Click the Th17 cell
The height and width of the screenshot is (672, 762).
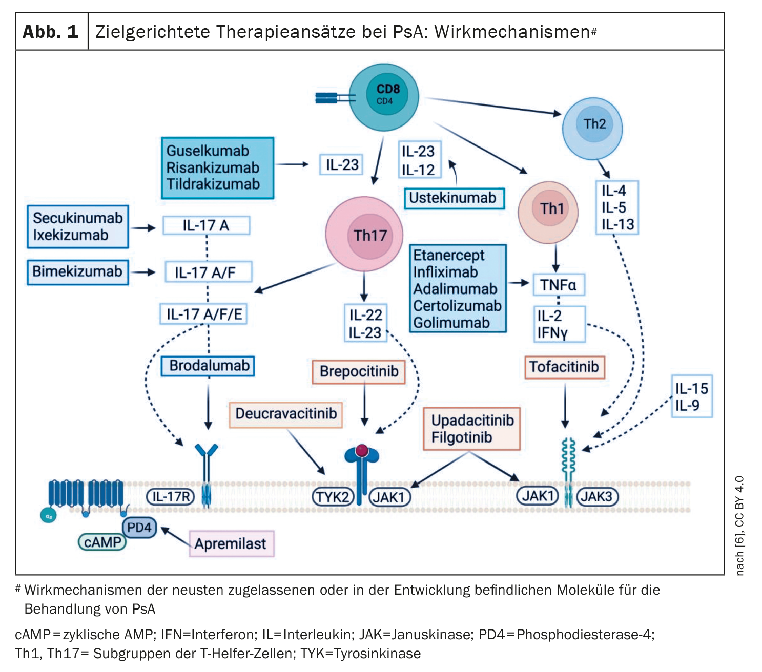[364, 234]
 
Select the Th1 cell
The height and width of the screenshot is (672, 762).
[548, 209]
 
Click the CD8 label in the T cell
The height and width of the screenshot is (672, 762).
[388, 89]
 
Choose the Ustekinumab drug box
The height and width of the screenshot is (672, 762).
[453, 198]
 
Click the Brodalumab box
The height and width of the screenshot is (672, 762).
[208, 366]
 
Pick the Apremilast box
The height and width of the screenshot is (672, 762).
[231, 543]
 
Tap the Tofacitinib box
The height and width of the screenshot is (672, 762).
[564, 367]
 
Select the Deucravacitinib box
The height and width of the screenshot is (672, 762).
[285, 414]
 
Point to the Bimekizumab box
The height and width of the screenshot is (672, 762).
[77, 271]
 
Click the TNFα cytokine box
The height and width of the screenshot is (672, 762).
[558, 285]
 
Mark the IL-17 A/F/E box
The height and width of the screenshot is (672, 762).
[203, 314]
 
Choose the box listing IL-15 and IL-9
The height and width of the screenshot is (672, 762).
[691, 396]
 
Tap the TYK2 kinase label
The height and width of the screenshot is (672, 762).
[333, 497]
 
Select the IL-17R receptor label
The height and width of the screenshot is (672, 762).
[171, 496]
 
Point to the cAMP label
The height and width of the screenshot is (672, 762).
[102, 542]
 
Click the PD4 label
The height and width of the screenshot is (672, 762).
[139, 527]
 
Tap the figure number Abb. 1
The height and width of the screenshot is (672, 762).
[51, 32]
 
